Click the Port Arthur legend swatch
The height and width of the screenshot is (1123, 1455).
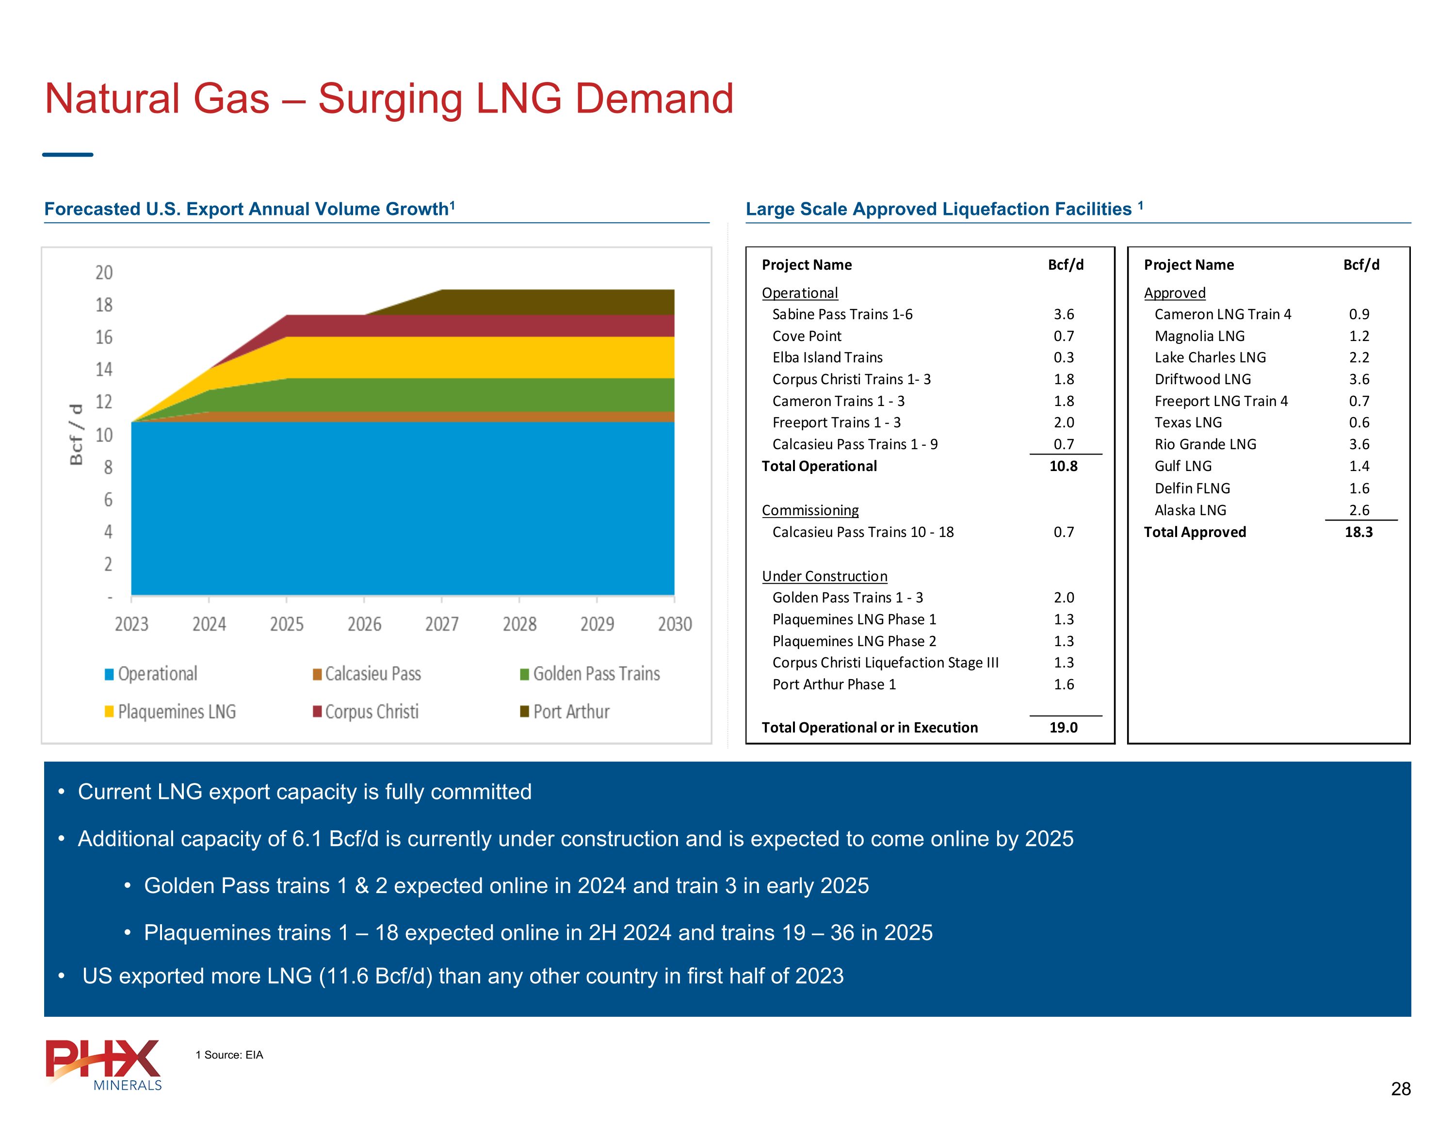(524, 712)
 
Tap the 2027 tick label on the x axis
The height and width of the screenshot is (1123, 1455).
(442, 624)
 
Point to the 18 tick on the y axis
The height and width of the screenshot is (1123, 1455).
(104, 305)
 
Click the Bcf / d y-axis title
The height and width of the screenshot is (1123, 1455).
(77, 435)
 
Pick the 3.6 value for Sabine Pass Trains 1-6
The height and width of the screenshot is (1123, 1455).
(1063, 314)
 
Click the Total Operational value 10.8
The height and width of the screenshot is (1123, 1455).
(1063, 467)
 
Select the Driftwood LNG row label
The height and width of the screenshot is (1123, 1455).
(1202, 379)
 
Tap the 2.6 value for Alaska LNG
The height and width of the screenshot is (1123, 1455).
(1359, 510)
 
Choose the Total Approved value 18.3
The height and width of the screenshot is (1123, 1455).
(1358, 533)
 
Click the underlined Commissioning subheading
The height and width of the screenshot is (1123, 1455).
(810, 510)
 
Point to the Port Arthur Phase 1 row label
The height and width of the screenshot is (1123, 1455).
(834, 684)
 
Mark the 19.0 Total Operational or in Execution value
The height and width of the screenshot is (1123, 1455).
(1063, 728)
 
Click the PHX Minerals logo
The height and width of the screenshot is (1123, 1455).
(104, 1064)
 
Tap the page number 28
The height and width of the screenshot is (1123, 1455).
(1400, 1089)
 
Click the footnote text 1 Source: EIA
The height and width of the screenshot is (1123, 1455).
(229, 1055)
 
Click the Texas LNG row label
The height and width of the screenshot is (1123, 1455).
(1188, 423)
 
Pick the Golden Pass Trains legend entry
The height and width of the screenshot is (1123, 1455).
(596, 674)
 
